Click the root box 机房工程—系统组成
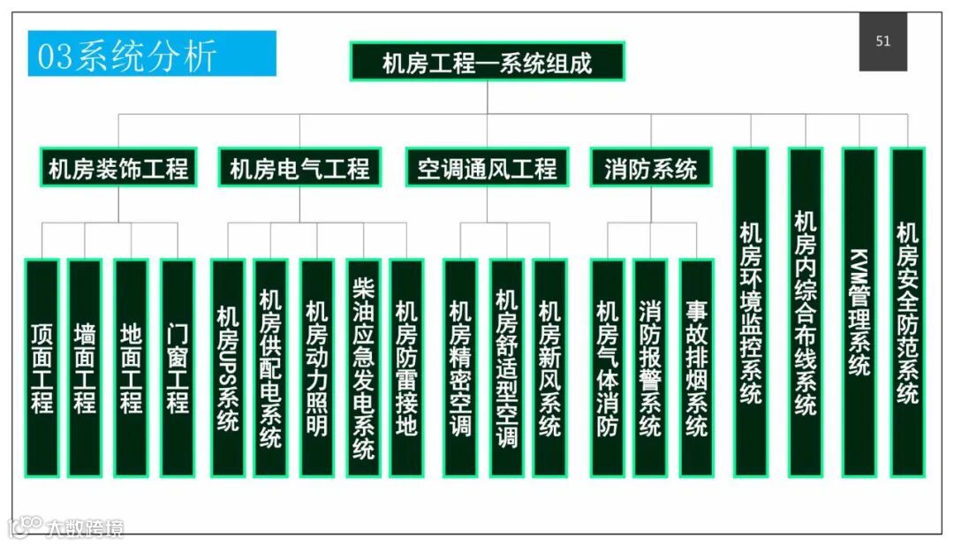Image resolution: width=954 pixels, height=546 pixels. coord(487,61)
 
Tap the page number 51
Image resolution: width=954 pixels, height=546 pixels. coord(882,41)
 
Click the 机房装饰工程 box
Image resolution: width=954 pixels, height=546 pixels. coord(118,167)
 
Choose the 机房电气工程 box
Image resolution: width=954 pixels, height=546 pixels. coord(299,167)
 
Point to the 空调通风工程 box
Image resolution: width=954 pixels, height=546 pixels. coord(487,167)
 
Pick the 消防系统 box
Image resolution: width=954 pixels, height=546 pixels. coord(650,167)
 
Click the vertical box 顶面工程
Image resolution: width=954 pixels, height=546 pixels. coord(42,368)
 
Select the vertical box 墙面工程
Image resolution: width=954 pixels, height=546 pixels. coord(85,368)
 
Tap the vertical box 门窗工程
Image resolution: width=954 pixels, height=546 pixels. coord(178,368)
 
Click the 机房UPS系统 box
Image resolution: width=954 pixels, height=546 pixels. coord(228,368)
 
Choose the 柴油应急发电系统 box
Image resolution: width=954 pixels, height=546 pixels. coord(363,368)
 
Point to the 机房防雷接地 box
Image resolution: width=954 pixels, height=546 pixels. coord(406,368)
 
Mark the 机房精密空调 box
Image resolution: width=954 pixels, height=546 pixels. coord(460,368)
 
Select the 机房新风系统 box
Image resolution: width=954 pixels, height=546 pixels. coord(549,368)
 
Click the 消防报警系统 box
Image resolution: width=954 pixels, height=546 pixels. coord(650,368)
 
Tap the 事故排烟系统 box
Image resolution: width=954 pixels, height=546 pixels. coord(696,368)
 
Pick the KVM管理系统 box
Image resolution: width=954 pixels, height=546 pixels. coord(859,311)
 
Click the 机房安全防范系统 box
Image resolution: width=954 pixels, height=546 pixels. coord(907,311)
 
